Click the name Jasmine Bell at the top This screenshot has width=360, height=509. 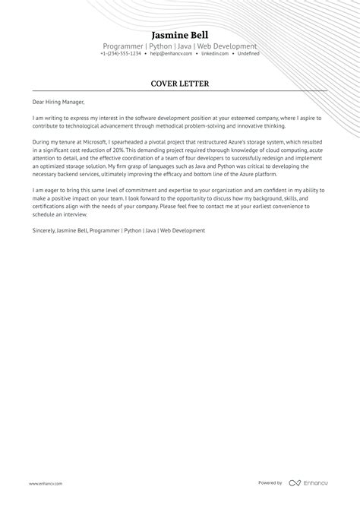(x=180, y=35)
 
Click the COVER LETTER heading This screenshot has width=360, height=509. (x=180, y=84)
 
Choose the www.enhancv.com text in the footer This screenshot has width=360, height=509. (x=46, y=483)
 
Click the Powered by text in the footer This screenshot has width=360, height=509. (x=270, y=483)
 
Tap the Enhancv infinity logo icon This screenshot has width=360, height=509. (x=295, y=483)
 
